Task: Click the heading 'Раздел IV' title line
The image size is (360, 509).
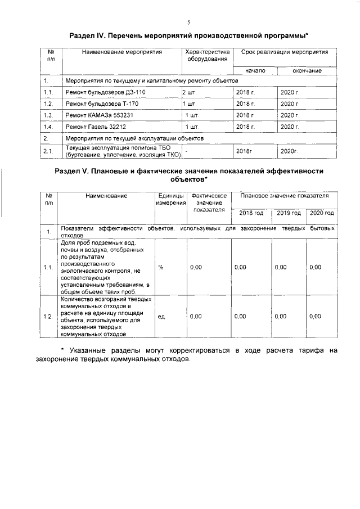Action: coord(188,36)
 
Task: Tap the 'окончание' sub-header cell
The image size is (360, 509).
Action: coord(307,71)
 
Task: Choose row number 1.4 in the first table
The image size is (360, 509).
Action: coord(48,127)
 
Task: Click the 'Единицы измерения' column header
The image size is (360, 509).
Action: coord(171,199)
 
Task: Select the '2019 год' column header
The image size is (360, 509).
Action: coord(289,213)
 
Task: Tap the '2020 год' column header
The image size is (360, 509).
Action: coord(322,213)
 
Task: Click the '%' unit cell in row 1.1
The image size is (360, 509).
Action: coord(161,267)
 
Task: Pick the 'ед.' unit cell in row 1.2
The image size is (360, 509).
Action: coord(161,317)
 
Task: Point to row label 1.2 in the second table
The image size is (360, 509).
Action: coord(48,317)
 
